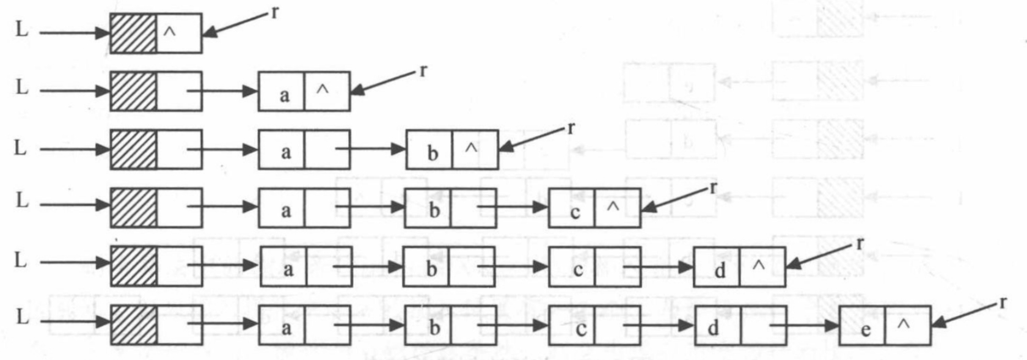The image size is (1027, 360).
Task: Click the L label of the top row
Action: click(x=21, y=29)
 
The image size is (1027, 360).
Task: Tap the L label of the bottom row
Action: click(x=21, y=317)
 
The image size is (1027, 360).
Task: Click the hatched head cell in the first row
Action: click(x=133, y=33)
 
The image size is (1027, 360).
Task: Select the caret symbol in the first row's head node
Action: click(x=170, y=33)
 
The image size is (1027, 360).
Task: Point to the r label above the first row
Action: click(x=275, y=12)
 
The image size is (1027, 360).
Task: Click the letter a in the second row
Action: click(x=284, y=95)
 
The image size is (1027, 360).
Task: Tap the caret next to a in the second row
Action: click(x=323, y=90)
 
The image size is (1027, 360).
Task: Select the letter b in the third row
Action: click(x=433, y=153)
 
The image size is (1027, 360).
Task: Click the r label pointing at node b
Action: click(x=571, y=128)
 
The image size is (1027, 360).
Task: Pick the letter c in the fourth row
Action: click(x=575, y=211)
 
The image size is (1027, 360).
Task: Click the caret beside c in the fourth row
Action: click(x=613, y=207)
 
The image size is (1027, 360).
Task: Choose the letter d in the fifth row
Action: click(x=720, y=270)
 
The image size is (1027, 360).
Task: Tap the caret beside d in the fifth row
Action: click(x=758, y=265)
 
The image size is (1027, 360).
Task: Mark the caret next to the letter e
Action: click(x=904, y=325)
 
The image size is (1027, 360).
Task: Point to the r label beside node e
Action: click(x=1003, y=302)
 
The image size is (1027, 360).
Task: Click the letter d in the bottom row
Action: click(x=713, y=328)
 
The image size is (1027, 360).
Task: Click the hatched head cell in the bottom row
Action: click(x=133, y=325)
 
